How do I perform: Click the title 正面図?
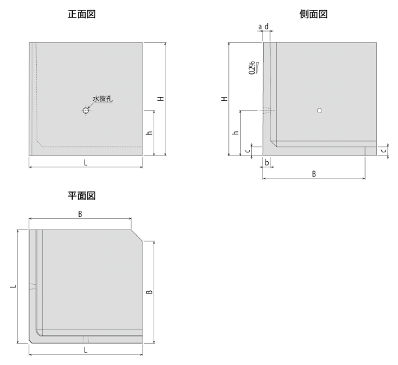(81, 14)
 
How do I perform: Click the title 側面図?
(313, 14)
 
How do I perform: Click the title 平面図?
(81, 196)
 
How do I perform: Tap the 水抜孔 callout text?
(103, 98)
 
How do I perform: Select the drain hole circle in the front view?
(86, 111)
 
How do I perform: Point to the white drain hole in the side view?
(320, 111)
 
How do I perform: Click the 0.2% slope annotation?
(253, 68)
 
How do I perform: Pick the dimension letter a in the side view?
(260, 26)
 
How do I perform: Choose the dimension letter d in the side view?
(267, 26)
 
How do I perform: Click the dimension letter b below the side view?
(267, 162)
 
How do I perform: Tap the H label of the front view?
(160, 98)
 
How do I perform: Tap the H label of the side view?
(224, 98)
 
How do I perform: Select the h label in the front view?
(150, 132)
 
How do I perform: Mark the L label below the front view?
(86, 163)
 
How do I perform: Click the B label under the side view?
(314, 174)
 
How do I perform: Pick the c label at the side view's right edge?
(384, 150)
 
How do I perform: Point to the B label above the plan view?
(80, 215)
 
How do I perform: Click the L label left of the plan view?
(13, 286)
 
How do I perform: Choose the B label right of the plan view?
(150, 292)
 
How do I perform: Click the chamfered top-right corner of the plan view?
(137, 235)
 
